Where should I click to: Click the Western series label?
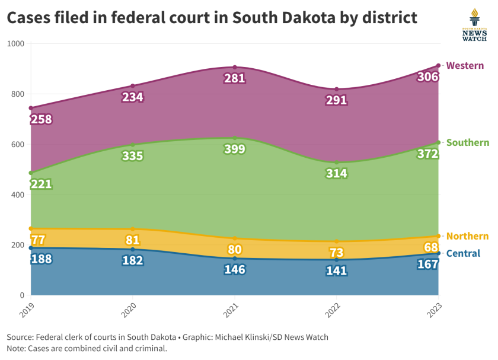(x=465, y=66)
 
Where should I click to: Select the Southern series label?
(x=467, y=142)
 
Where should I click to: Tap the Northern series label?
(x=467, y=236)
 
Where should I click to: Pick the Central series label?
(x=463, y=254)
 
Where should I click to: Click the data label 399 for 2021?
(x=235, y=149)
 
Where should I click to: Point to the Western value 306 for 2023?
(x=427, y=77)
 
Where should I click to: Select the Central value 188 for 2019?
(x=41, y=259)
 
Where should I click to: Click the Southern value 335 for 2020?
(x=132, y=156)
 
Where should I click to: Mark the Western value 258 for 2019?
(x=41, y=120)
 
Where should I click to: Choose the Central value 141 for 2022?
(x=336, y=272)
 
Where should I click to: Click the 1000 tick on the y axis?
(x=15, y=44)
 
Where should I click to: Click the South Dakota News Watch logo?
(x=474, y=26)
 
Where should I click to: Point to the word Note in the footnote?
(x=17, y=348)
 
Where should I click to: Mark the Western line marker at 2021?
(x=235, y=67)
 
